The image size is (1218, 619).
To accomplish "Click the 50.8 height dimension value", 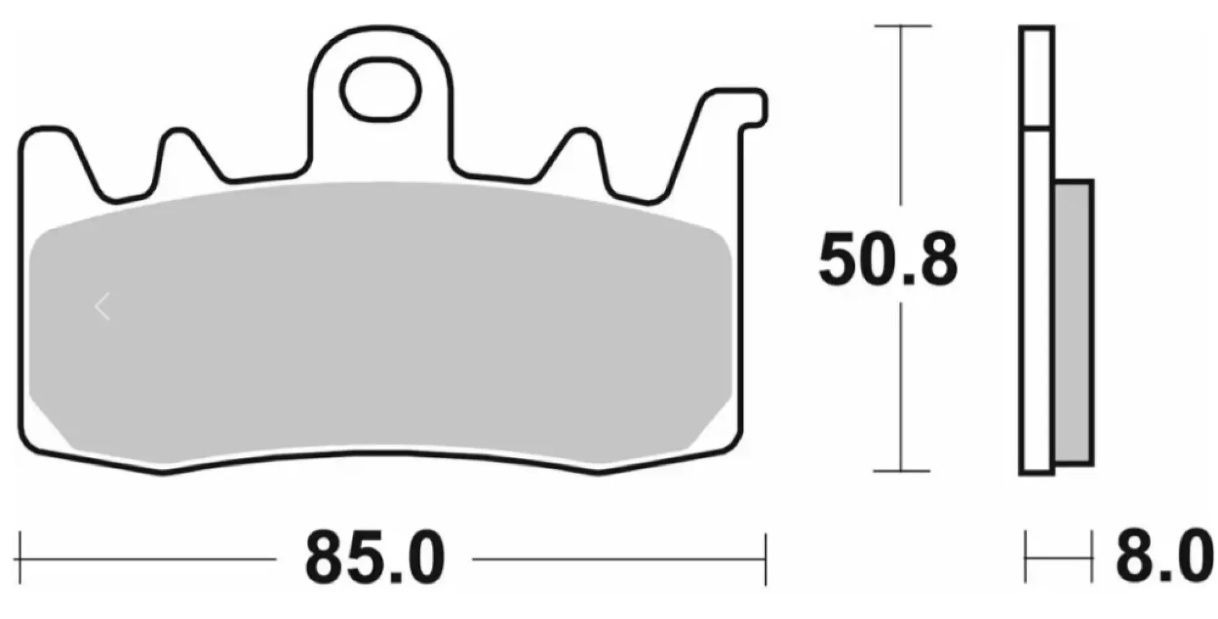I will [x=888, y=260].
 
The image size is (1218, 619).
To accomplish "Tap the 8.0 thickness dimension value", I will [x=1163, y=556].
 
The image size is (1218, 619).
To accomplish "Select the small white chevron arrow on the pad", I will [x=103, y=307].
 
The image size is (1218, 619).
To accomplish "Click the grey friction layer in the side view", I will [x=1073, y=322].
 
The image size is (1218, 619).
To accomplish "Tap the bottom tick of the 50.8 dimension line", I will [x=901, y=471].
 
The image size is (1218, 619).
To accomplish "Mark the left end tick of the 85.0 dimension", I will [x=20, y=559].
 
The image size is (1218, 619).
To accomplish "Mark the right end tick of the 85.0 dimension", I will [x=766, y=559].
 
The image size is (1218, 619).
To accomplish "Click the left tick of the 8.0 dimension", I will [x=1026, y=559].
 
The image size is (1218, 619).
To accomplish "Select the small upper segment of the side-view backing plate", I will [x=1036, y=77].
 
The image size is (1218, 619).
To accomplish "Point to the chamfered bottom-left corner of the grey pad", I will [x=53, y=427].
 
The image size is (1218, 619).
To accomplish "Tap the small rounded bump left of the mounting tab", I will [x=179, y=139].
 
